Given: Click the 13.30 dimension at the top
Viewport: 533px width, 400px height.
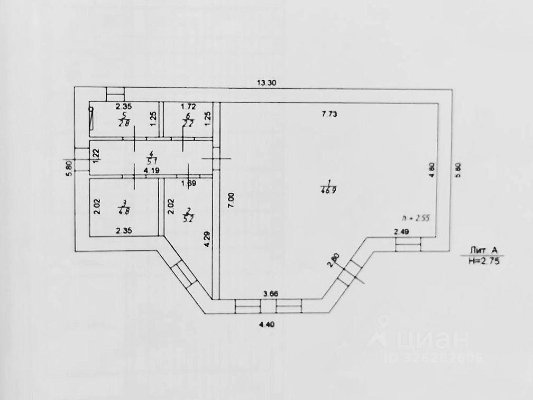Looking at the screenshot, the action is pos(267,82).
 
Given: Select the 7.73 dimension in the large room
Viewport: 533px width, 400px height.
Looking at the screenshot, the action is pos(330,113).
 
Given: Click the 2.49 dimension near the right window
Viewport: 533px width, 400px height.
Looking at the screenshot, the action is pos(401,231).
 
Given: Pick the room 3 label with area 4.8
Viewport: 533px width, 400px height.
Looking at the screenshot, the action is pos(124,207).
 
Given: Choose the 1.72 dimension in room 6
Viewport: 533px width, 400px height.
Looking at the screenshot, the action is pos(188,107).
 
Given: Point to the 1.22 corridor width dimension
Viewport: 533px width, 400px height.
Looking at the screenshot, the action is pos(96,154).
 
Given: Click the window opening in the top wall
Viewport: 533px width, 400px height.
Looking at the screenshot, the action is pos(115,93).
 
